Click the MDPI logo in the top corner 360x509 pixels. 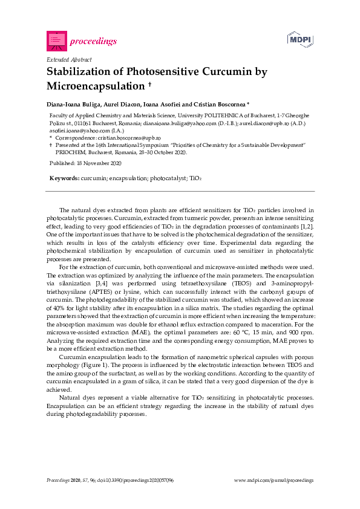pyautogui.click(x=300, y=41)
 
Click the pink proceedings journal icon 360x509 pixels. pyautogui.click(x=57, y=41)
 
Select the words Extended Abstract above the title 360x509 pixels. pyautogui.click(x=69, y=60)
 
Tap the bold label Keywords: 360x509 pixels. pyautogui.click(x=64, y=179)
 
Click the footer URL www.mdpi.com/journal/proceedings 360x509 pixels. pyautogui.click(x=274, y=480)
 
